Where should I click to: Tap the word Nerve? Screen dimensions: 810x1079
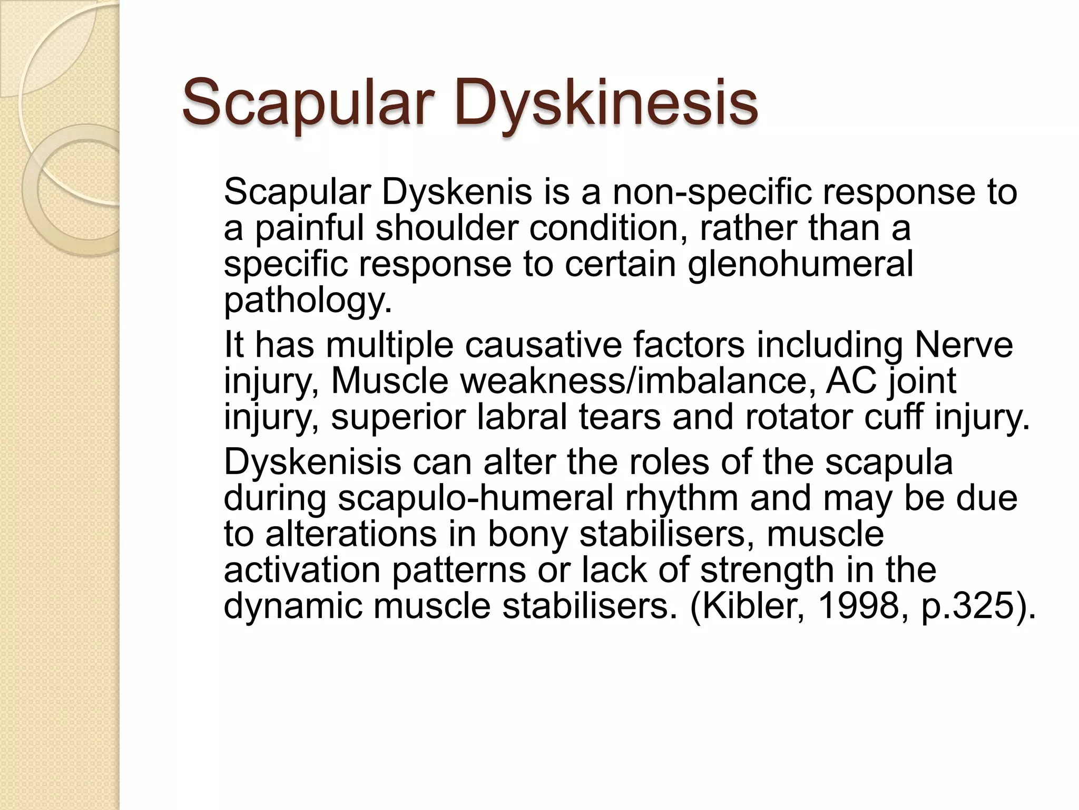tap(964, 344)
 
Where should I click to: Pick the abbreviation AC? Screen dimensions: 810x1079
tap(852, 380)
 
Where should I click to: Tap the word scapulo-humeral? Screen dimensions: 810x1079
tap(476, 498)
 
